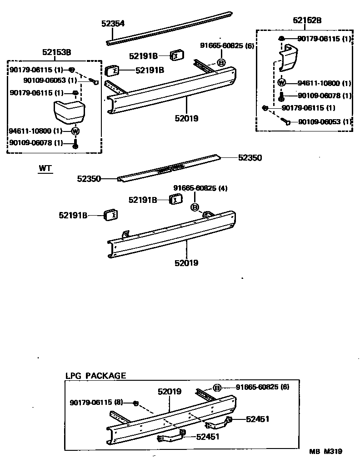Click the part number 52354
[113, 24]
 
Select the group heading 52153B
[56, 52]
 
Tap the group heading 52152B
[307, 20]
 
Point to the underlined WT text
[45, 168]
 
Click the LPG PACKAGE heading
[95, 376]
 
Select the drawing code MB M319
[325, 451]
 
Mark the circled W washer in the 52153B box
[75, 131]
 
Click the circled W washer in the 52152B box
[281, 83]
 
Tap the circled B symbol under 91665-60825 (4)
[195, 207]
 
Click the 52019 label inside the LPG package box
[170, 391]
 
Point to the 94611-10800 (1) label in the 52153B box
[35, 131]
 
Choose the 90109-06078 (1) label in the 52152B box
[325, 96]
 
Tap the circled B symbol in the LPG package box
[217, 388]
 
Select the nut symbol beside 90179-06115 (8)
[135, 403]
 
